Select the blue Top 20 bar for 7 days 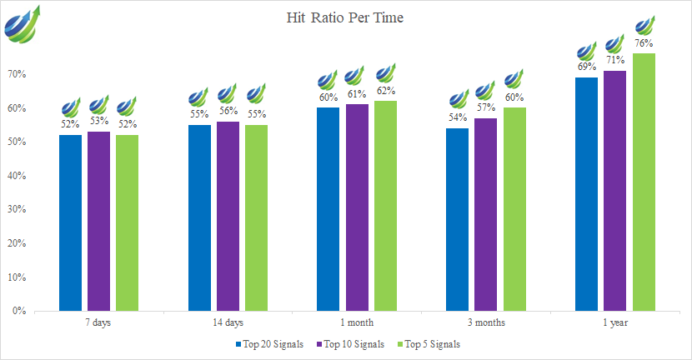(x=70, y=222)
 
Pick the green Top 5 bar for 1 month (x=385, y=206)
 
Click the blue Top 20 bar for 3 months (x=457, y=219)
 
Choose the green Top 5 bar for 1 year (x=644, y=182)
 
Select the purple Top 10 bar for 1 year (x=614, y=191)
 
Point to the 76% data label (x=644, y=43)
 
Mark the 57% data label (x=485, y=108)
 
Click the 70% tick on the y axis (x=18, y=75)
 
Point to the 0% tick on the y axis (x=21, y=311)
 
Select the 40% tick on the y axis (x=18, y=176)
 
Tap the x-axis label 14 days (x=228, y=322)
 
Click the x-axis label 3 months (x=485, y=322)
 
